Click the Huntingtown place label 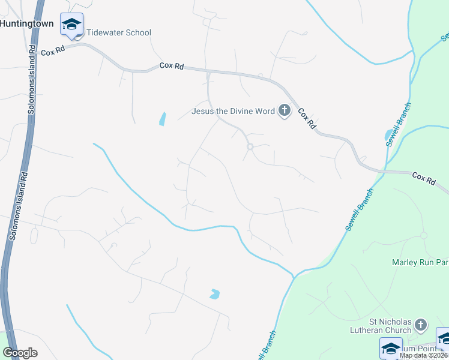tap(27, 23)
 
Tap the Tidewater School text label tap(119, 32)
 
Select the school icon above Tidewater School tap(71, 25)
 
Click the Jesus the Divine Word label tap(233, 110)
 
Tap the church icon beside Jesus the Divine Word tap(285, 110)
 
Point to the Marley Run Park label tap(420, 262)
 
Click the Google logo tap(20, 353)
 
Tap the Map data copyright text tap(423, 355)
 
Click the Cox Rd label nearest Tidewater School tap(52, 52)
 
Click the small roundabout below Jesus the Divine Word tap(250, 146)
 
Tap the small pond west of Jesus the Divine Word tap(162, 119)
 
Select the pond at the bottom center tap(214, 294)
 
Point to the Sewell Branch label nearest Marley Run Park tap(359, 209)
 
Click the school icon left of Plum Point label tap(391, 349)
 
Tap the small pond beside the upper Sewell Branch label tap(389, 134)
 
